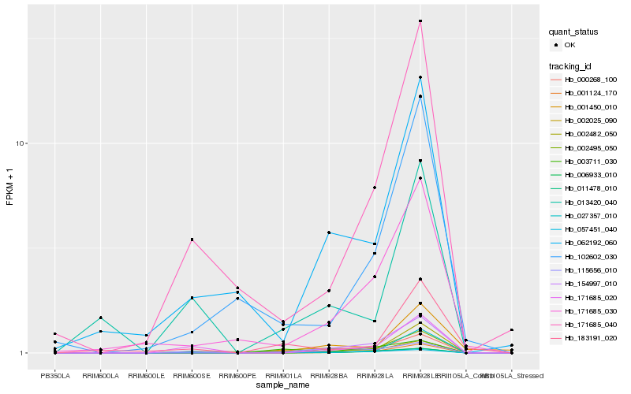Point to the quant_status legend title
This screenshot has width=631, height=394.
[x=573, y=32]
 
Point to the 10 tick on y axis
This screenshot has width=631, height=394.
[x=22, y=143]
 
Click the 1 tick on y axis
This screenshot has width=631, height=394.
[x=24, y=353]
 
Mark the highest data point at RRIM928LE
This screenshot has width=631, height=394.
[x=420, y=21]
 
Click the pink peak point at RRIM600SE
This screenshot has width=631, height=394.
[x=192, y=240]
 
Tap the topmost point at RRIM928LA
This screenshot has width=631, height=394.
[x=375, y=188]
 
